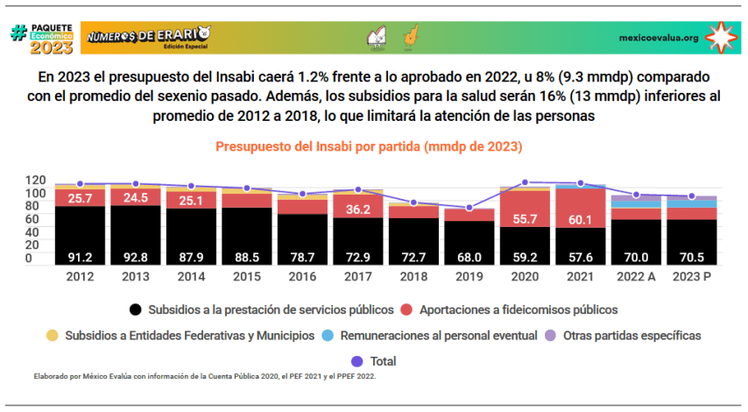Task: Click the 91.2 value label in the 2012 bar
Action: [x=80, y=257]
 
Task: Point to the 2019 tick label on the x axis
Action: [x=469, y=276]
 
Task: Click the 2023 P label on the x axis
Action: [x=691, y=276]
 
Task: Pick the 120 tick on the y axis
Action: [x=34, y=180]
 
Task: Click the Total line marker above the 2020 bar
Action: [x=525, y=182]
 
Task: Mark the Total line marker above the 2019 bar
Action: [x=469, y=208]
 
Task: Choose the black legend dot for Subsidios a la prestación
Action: [x=136, y=309]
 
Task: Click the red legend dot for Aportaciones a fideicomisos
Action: [x=407, y=309]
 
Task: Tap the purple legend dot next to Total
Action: [x=357, y=360]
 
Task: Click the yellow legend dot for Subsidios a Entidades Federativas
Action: [x=52, y=335]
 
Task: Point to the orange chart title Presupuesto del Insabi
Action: [x=374, y=146]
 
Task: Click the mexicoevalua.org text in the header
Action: [x=658, y=38]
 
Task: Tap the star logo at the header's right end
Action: [x=722, y=37]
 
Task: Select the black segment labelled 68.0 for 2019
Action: [x=469, y=257]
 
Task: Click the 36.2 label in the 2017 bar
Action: [x=357, y=210]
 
